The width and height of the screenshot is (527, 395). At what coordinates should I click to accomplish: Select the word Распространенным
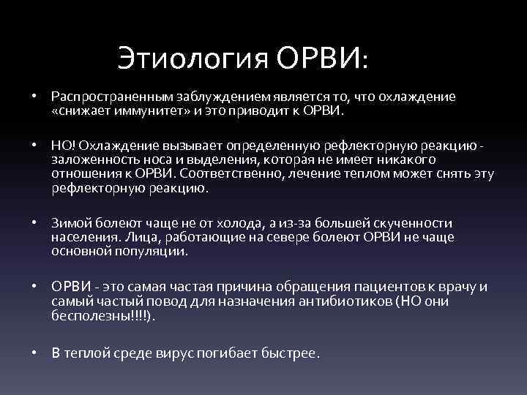click(107, 97)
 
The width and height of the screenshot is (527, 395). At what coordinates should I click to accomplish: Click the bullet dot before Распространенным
click(34, 97)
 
